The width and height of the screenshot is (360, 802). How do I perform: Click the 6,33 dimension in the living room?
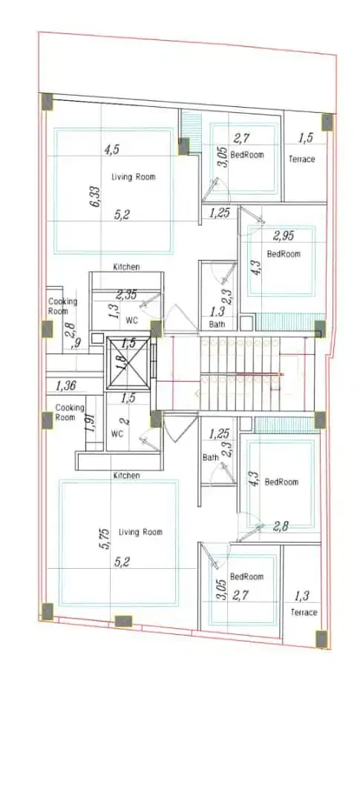tap(95, 196)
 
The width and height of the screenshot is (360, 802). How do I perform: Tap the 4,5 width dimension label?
tap(112, 150)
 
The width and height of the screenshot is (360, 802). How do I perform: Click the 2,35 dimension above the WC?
tap(126, 295)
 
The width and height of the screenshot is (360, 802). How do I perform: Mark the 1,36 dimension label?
tap(66, 385)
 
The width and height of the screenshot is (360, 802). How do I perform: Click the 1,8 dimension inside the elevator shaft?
tap(120, 362)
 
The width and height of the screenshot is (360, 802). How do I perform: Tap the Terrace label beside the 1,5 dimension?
tap(301, 159)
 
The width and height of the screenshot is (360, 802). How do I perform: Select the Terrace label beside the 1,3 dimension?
tap(304, 612)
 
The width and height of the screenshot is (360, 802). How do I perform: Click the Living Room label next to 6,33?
tap(134, 177)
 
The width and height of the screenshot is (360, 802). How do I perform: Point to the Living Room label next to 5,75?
tap(140, 532)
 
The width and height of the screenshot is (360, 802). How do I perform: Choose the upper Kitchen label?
tap(126, 267)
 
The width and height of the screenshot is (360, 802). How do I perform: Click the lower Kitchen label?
tap(126, 476)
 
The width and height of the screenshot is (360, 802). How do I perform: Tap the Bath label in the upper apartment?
tap(216, 325)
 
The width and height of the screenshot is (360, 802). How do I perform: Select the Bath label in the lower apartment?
tap(210, 457)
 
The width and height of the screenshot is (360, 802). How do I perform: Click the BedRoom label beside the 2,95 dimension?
tap(284, 254)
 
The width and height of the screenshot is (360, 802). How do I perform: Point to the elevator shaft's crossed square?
tap(128, 362)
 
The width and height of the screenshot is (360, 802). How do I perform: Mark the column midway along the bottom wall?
tap(123, 622)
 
